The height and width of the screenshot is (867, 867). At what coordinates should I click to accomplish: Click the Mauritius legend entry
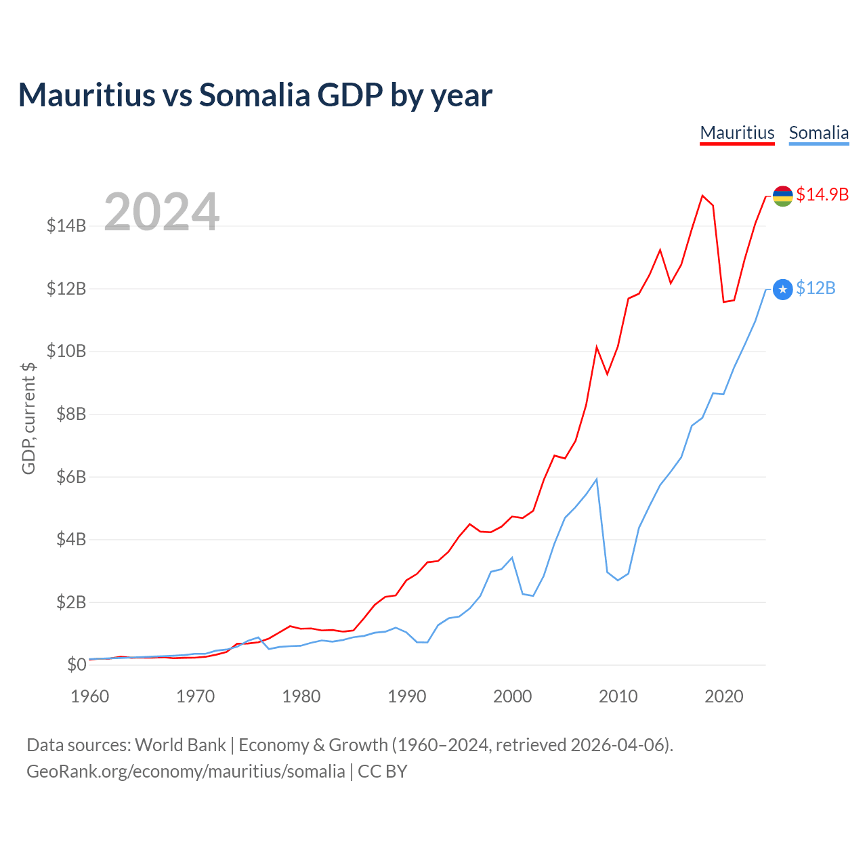pyautogui.click(x=737, y=133)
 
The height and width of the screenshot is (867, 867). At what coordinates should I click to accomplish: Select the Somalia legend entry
pyautogui.click(x=818, y=133)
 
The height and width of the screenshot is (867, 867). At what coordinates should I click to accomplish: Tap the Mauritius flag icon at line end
pyautogui.click(x=782, y=196)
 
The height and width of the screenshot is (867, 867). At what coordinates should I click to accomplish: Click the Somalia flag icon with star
pyautogui.click(x=782, y=290)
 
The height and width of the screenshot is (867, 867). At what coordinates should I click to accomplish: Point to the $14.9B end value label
pyautogui.click(x=822, y=194)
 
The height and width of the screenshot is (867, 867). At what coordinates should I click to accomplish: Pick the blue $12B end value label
pyautogui.click(x=816, y=289)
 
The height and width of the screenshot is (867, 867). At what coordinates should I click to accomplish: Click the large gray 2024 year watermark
pyautogui.click(x=161, y=212)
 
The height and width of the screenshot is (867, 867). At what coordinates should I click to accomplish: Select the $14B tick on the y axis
pyautogui.click(x=66, y=226)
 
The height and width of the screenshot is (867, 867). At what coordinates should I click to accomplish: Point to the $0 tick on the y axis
pyautogui.click(x=76, y=664)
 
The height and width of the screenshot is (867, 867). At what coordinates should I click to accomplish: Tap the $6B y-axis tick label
pyautogui.click(x=66, y=477)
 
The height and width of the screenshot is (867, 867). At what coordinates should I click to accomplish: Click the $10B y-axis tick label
pyautogui.click(x=66, y=351)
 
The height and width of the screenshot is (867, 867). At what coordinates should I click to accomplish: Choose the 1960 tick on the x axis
pyautogui.click(x=90, y=696)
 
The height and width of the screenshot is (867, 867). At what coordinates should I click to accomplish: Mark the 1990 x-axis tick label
pyautogui.click(x=407, y=696)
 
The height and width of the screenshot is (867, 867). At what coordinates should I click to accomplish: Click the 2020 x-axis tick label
pyautogui.click(x=724, y=696)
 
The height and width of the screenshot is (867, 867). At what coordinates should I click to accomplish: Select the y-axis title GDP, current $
pyautogui.click(x=28, y=418)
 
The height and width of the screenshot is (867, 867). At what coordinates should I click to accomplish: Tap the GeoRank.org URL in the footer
pyautogui.click(x=186, y=771)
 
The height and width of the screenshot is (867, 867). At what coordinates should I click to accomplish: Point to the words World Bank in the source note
pyautogui.click(x=180, y=745)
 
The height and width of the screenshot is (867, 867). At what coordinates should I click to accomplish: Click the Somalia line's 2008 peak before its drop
pyautogui.click(x=596, y=480)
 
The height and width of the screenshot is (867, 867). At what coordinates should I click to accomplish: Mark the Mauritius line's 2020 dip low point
pyautogui.click(x=723, y=301)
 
